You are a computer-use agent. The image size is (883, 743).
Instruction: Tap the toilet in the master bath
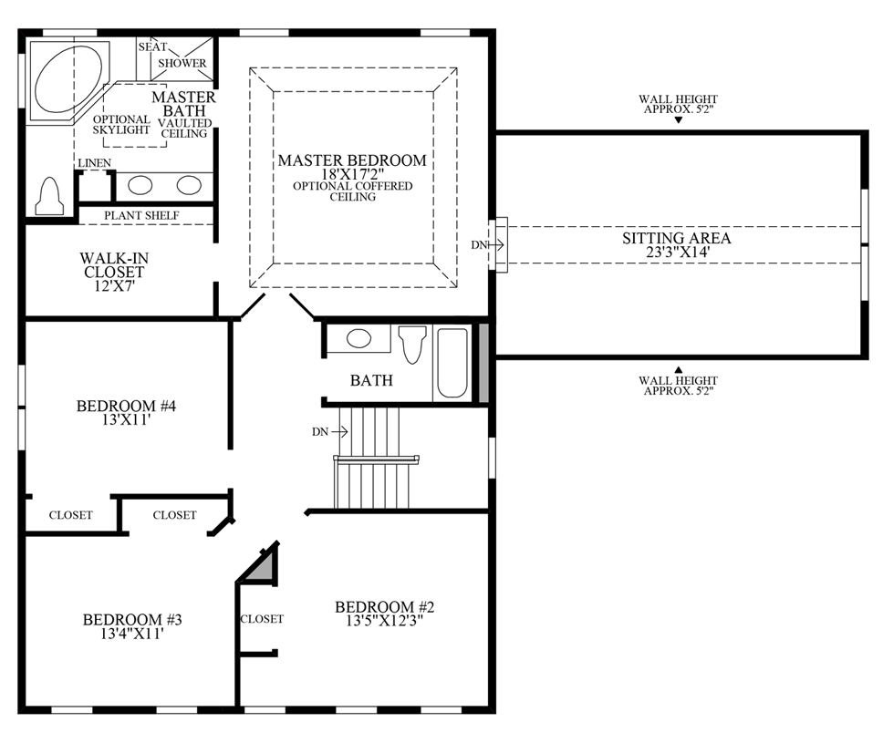tap(49, 194)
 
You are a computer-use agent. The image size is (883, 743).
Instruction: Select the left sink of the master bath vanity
tap(140, 186)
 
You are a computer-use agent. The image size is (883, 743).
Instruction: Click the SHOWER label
tap(182, 64)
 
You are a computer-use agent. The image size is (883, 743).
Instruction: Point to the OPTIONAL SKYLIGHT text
tap(121, 125)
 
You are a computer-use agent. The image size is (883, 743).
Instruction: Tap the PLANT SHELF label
tap(141, 215)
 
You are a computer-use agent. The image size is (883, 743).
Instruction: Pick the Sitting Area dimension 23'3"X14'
tap(677, 253)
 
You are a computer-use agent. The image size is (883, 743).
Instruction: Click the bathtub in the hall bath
tap(452, 363)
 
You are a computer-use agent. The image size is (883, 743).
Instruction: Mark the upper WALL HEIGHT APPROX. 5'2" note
tap(678, 105)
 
